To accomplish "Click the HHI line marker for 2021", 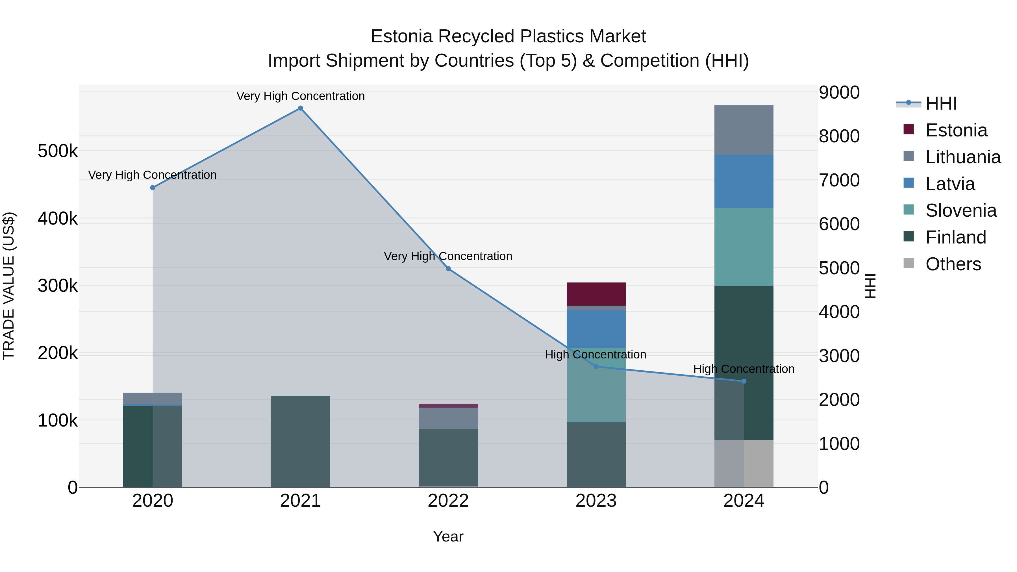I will [301, 108].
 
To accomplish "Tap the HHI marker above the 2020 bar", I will [153, 188].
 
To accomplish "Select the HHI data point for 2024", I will [744, 381].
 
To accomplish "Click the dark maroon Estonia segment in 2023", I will [596, 294].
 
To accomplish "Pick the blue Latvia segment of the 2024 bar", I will [744, 182].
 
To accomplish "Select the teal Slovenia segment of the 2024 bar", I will [744, 247].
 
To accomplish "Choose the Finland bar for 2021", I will [301, 441].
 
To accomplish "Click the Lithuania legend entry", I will [962, 157].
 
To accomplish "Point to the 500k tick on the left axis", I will [58, 151].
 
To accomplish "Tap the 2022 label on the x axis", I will [448, 501].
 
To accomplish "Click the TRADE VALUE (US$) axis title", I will [9, 286].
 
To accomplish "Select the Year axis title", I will [448, 536].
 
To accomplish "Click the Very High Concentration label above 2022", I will [448, 256].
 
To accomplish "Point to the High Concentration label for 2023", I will [595, 354].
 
